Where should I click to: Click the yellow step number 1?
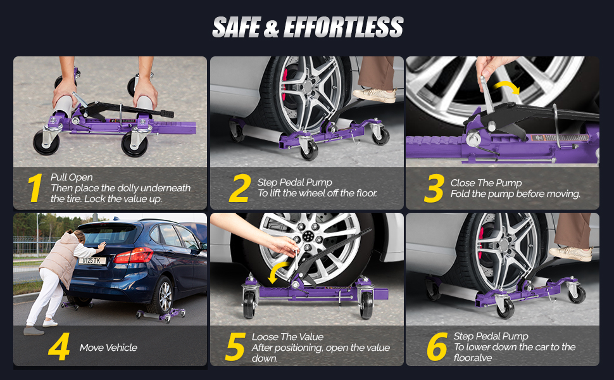pyautogui.click(x=35, y=189)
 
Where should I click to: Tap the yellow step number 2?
pyautogui.click(x=240, y=189)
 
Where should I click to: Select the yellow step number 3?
pyautogui.click(x=434, y=189)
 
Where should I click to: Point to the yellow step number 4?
pyautogui.click(x=59, y=346)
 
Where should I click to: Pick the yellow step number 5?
pyautogui.click(x=235, y=346)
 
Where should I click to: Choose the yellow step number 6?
pyautogui.click(x=437, y=346)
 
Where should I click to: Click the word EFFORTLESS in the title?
pyautogui.click(x=344, y=27)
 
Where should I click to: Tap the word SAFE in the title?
pyautogui.click(x=237, y=27)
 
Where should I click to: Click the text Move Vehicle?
pyautogui.click(x=108, y=348)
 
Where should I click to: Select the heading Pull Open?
pyautogui.click(x=72, y=177)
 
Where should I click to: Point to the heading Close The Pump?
pyautogui.click(x=486, y=183)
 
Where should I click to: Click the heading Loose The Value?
pyautogui.click(x=287, y=337)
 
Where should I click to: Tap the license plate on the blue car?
pyautogui.click(x=92, y=260)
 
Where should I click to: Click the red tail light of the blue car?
pyautogui.click(x=133, y=255)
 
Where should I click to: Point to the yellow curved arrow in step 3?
pyautogui.click(x=508, y=87)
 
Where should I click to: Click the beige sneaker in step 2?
pyautogui.click(x=375, y=95)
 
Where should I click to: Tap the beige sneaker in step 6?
pyautogui.click(x=570, y=253)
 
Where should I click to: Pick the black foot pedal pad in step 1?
pyautogui.click(x=166, y=114)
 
